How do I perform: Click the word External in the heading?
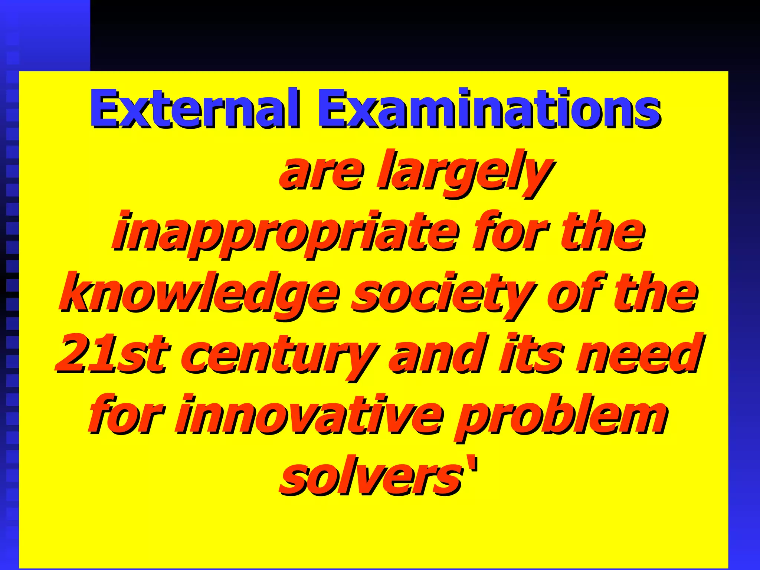point(194,108)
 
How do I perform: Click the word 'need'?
point(638,354)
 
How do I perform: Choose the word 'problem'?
point(560,418)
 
